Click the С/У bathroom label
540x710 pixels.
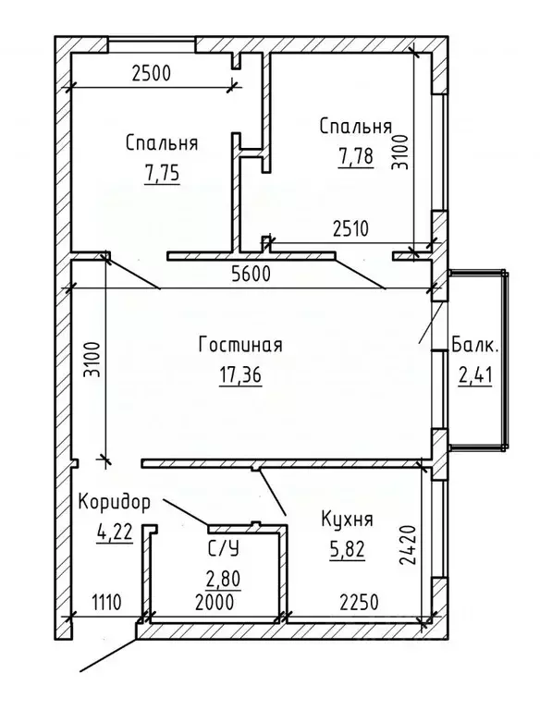(223, 550)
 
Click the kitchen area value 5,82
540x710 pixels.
(347, 550)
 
